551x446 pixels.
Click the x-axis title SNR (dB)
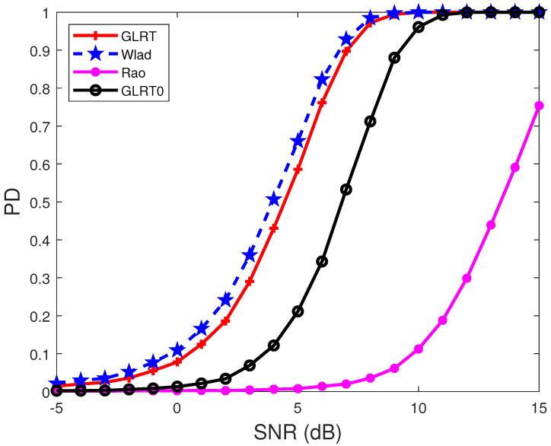(x=298, y=433)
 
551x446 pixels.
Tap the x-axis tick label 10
(x=418, y=408)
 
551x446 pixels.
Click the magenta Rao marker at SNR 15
(x=539, y=106)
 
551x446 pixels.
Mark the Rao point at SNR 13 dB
(x=491, y=225)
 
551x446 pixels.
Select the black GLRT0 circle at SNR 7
(x=346, y=190)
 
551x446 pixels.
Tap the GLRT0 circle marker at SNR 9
(x=394, y=58)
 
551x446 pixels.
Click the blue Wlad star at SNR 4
(x=273, y=199)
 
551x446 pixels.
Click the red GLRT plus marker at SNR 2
(x=225, y=321)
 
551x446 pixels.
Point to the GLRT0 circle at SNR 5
(x=298, y=311)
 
